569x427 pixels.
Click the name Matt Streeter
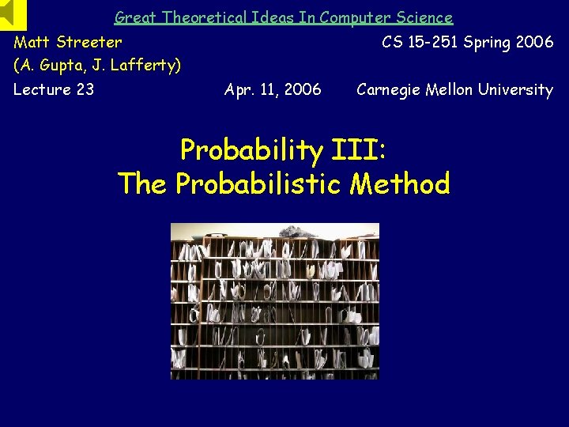click(68, 42)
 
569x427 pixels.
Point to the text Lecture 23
click(54, 89)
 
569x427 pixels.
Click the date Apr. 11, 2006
click(273, 89)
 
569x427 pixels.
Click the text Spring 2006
click(509, 42)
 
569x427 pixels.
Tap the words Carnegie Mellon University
click(454, 89)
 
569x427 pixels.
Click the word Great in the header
click(135, 17)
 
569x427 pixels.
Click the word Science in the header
click(424, 17)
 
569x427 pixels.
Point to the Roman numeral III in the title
click(355, 149)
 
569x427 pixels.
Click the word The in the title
click(142, 183)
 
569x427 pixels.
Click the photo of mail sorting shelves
click(275, 300)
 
